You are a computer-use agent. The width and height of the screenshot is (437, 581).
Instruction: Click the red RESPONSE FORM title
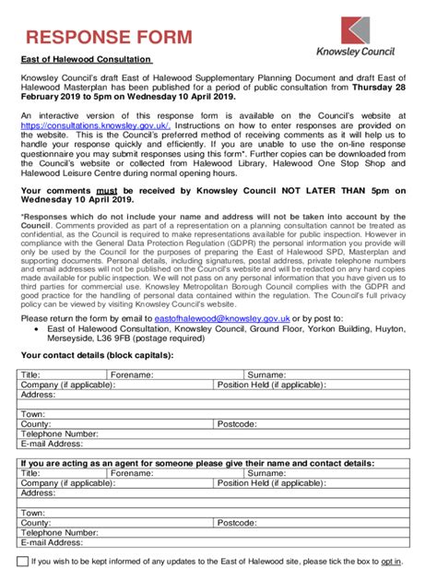[109, 37]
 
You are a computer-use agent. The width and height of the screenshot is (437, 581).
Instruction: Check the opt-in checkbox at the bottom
[23, 561]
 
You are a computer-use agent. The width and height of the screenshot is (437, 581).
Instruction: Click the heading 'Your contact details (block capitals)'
[100, 355]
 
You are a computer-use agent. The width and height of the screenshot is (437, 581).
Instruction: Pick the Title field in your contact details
[60, 375]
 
